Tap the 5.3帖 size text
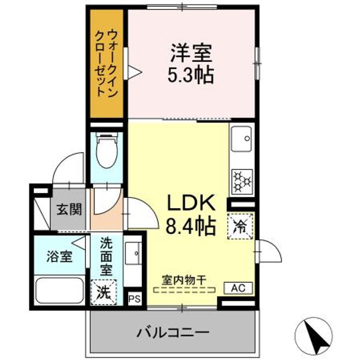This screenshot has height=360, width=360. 191,75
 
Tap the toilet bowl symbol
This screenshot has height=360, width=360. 106,152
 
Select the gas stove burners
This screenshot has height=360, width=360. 242,181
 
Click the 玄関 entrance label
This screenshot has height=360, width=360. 69,209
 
